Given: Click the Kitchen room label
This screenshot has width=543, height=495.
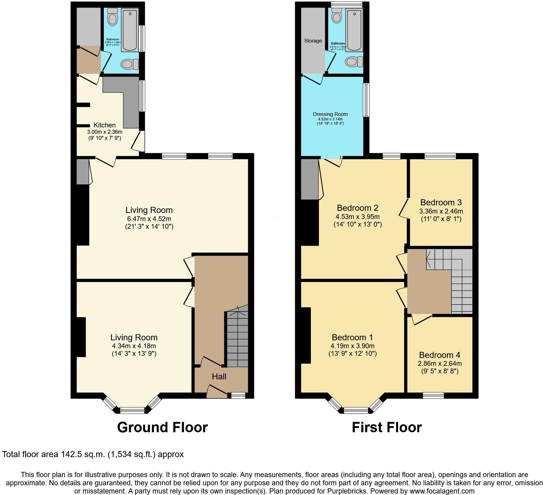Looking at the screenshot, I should pos(105,125).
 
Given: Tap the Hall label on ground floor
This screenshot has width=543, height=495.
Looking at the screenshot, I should pos(219,377).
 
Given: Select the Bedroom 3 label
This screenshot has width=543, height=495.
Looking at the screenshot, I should pos(441,202).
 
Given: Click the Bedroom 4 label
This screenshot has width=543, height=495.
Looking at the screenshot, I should pos(440,355).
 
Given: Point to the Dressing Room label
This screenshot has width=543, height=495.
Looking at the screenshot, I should pos(330,114).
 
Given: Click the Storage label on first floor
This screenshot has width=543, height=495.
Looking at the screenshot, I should pos(313,41).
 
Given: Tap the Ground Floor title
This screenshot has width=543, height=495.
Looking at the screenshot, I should pos(162,427).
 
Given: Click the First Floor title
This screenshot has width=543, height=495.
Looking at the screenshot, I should pos(387,427).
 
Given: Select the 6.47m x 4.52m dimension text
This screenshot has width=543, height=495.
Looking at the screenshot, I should pos(149,219).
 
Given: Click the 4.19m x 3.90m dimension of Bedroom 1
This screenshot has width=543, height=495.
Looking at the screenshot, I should pos(353,346).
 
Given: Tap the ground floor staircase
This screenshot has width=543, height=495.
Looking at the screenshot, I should pos(238,340).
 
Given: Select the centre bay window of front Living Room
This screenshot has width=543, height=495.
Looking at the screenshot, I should pos(132,411).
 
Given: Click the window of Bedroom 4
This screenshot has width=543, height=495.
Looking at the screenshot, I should pos(433,396).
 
